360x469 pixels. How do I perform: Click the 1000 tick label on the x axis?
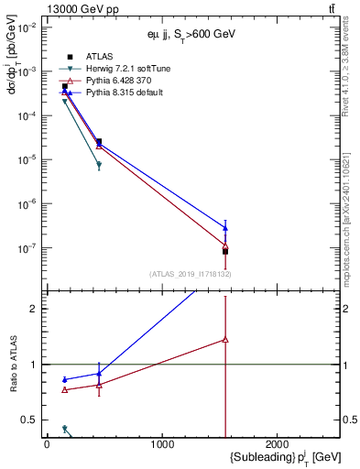point(162,445)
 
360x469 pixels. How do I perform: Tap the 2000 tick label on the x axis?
point(278,445)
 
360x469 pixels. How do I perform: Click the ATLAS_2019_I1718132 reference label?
point(191,274)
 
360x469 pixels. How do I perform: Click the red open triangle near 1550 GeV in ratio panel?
point(225,340)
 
